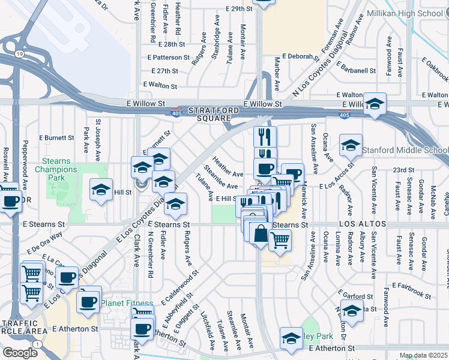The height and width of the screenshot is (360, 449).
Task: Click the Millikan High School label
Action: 412,14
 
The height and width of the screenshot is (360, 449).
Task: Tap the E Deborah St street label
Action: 298,57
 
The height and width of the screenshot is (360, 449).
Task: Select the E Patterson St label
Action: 170,58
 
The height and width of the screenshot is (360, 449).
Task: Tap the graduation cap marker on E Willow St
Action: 375,104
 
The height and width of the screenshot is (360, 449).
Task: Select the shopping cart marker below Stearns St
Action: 280,240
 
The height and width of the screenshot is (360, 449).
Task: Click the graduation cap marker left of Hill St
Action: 101,190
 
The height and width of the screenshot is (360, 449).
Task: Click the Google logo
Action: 19,353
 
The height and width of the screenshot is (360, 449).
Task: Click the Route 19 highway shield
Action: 20,54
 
